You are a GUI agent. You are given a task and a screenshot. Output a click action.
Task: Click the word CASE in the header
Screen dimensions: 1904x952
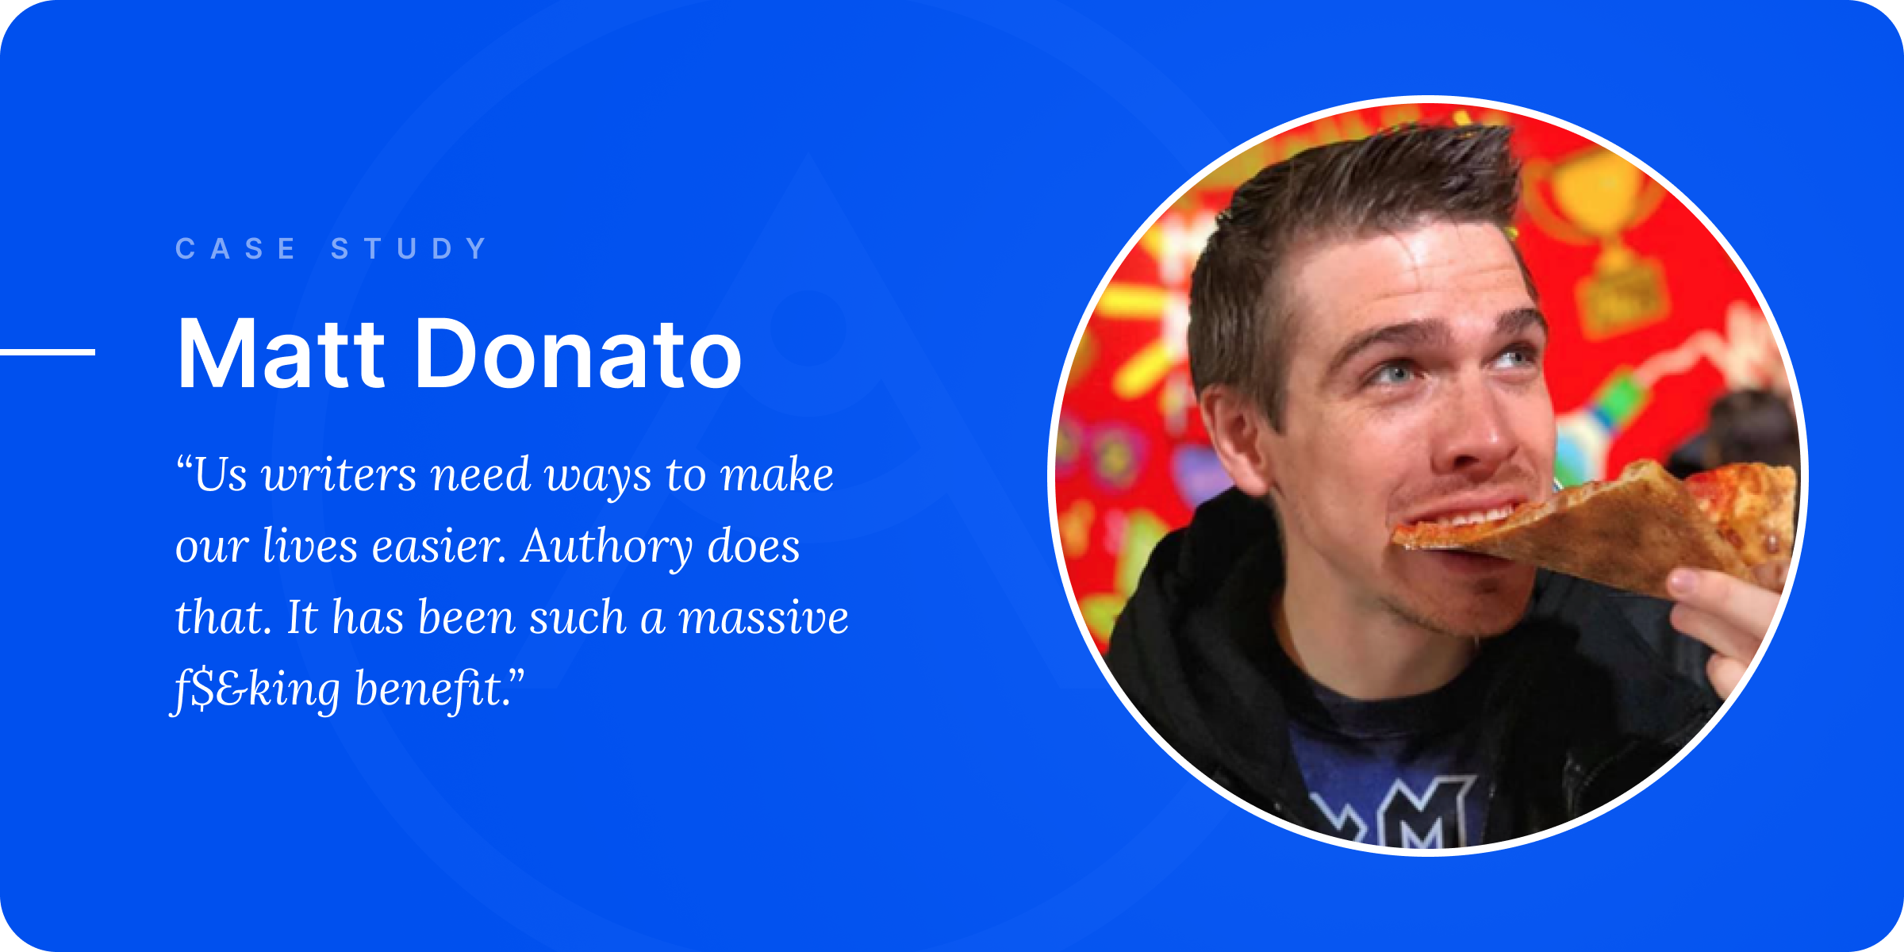236,248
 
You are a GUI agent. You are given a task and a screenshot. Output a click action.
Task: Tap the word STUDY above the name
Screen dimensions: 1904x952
409,248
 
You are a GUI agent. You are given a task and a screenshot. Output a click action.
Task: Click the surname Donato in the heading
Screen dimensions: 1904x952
578,353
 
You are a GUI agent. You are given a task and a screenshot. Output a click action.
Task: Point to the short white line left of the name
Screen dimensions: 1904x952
48,351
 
